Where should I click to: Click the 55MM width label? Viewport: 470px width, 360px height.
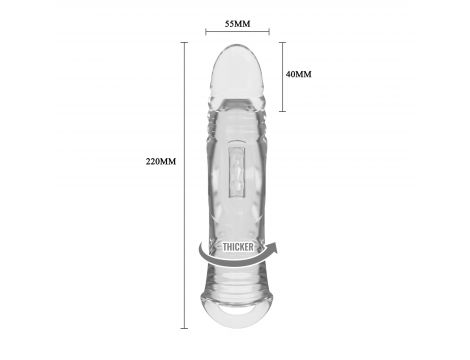coord(237,24)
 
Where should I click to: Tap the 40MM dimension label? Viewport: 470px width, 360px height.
coord(299,74)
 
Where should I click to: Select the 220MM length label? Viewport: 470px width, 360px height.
coord(161,161)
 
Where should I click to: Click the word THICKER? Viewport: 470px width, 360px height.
coord(238,247)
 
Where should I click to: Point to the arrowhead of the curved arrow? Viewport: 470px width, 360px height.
coord(273,248)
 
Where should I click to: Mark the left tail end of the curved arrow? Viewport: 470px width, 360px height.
coord(200,246)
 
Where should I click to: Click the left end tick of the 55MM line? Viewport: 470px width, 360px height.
coord(206,32)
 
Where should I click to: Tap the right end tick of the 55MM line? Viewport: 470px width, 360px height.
coord(269,32)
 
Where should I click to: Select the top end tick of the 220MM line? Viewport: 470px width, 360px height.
coord(184,43)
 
